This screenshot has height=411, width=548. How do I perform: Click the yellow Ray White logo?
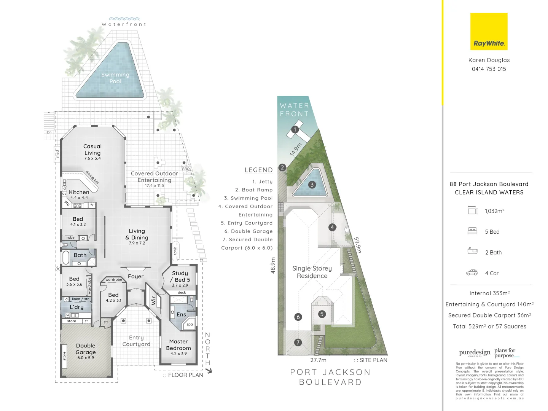(x=489, y=32)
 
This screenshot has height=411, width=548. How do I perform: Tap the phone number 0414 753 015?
(x=489, y=69)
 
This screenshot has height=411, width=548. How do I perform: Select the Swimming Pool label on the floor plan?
(x=115, y=78)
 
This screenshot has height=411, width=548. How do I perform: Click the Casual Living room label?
(x=92, y=150)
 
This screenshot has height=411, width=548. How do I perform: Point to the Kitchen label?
(x=79, y=192)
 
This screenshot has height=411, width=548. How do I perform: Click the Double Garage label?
(x=86, y=349)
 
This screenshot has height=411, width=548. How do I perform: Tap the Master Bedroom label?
(x=178, y=345)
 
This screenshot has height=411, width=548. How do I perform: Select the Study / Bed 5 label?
(x=180, y=276)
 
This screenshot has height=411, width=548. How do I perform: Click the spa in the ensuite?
(x=190, y=324)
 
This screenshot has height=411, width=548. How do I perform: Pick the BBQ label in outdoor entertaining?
(x=186, y=169)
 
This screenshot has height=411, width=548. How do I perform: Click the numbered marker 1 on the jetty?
(x=295, y=129)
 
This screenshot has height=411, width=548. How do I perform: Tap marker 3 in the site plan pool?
(x=312, y=185)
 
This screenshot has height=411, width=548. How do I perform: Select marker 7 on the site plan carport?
(x=298, y=342)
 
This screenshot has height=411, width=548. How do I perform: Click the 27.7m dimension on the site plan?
(x=318, y=360)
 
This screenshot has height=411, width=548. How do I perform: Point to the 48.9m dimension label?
(x=272, y=265)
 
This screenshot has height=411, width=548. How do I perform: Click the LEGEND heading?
(x=258, y=170)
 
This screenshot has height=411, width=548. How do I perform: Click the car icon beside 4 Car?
(x=472, y=272)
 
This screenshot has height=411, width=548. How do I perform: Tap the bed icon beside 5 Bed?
(x=472, y=231)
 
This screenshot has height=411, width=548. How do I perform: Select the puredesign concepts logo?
(x=475, y=353)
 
